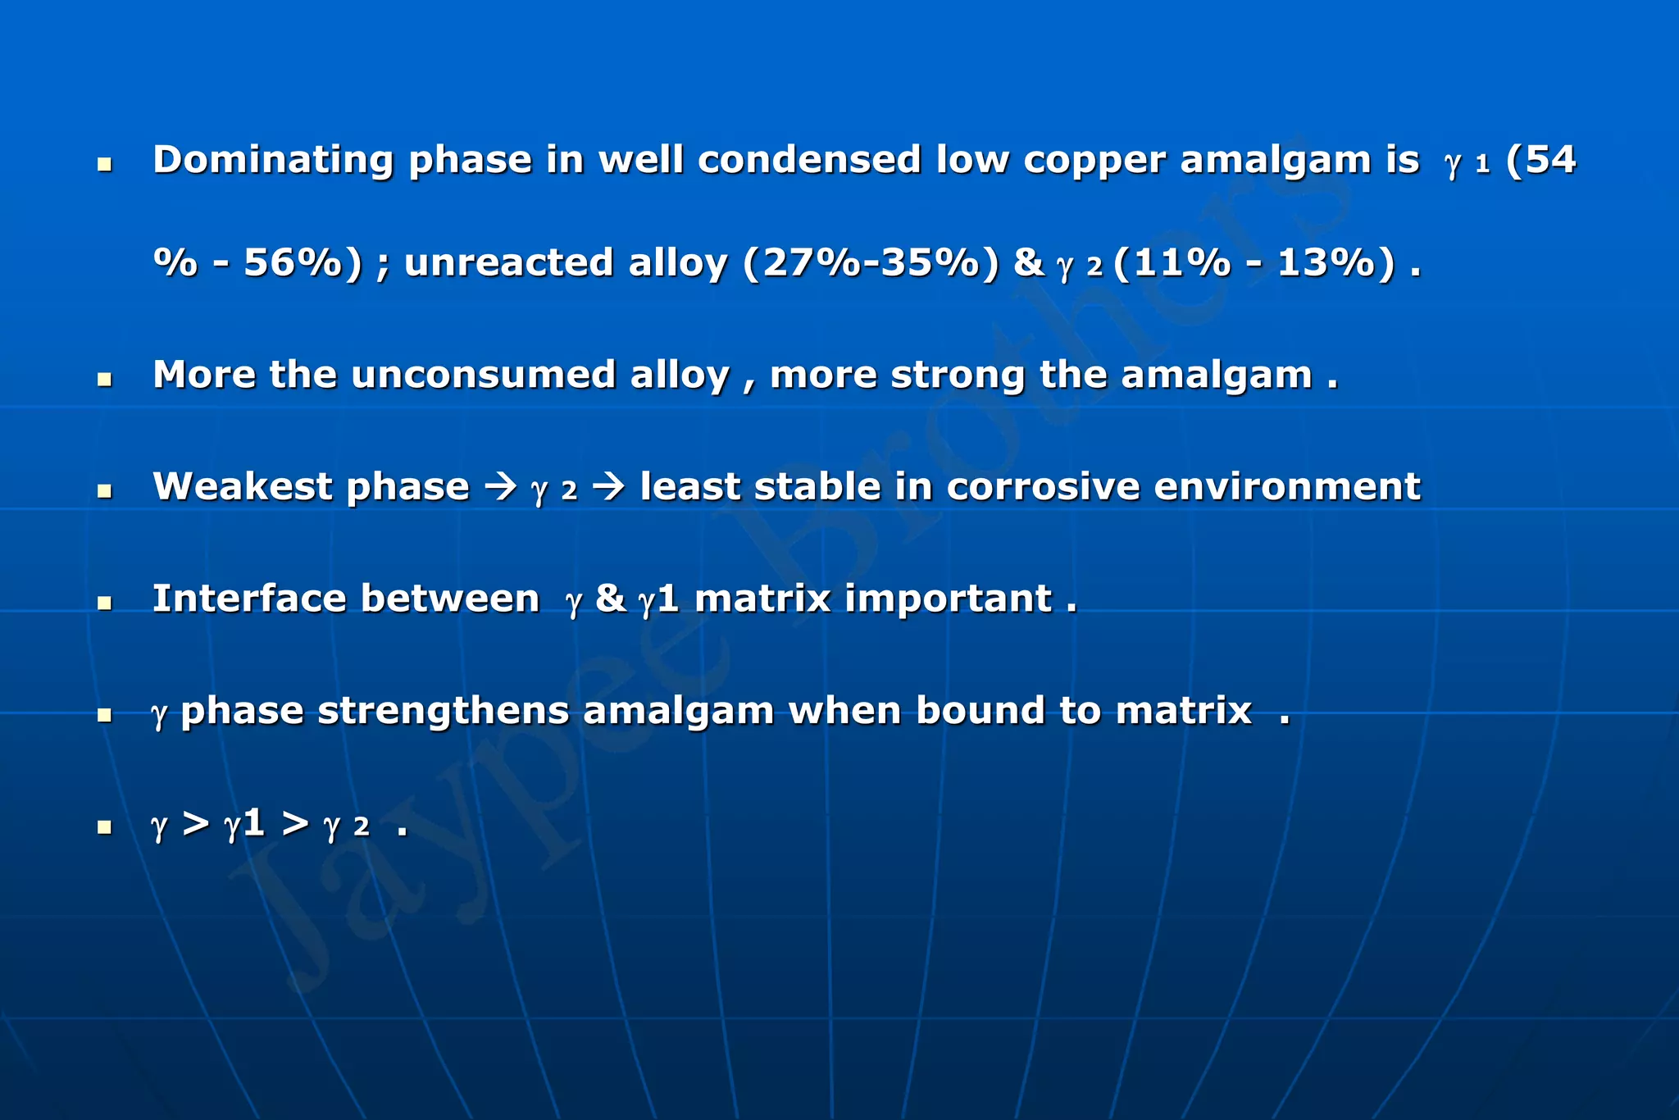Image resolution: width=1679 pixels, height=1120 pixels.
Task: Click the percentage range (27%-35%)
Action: (x=871, y=264)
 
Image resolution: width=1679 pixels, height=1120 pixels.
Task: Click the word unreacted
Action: (x=508, y=264)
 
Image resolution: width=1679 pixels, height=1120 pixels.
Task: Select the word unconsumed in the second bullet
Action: (x=483, y=376)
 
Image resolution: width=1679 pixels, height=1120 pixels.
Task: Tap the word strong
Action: (x=958, y=376)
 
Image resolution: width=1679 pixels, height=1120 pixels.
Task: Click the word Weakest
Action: (x=242, y=487)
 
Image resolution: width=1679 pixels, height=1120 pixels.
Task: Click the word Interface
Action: (x=249, y=599)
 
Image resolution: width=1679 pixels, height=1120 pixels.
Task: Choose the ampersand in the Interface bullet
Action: (x=611, y=599)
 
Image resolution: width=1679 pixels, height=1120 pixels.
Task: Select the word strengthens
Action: (x=443, y=711)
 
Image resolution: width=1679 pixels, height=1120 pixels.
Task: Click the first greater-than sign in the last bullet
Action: (x=196, y=824)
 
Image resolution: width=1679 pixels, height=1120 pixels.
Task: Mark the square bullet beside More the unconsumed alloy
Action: (x=104, y=380)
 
